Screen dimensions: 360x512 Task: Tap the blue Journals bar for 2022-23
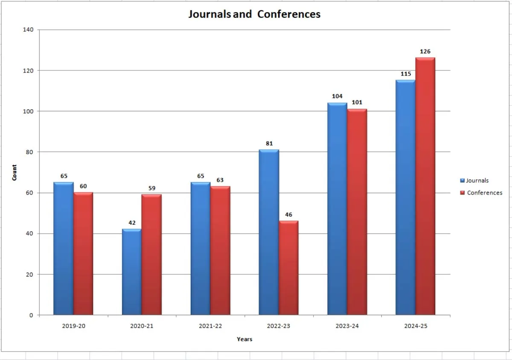pos(269,232)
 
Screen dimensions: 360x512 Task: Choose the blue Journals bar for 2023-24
pos(337,209)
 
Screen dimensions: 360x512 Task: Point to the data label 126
pos(425,52)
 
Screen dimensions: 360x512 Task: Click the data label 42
pos(131,223)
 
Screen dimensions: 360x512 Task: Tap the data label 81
pos(269,143)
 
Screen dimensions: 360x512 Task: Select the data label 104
pos(337,96)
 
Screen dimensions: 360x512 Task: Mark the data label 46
pos(288,215)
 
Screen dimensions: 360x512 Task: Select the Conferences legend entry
pos(484,193)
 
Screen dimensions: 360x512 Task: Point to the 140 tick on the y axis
pos(28,30)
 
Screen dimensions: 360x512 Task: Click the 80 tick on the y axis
pos(30,152)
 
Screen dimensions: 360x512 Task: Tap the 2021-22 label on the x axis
pos(210,326)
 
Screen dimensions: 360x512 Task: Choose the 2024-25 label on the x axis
pos(416,326)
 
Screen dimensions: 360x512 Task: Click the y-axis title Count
pos(15,172)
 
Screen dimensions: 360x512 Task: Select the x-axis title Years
pos(244,339)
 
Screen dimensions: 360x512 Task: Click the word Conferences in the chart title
pos(289,14)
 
